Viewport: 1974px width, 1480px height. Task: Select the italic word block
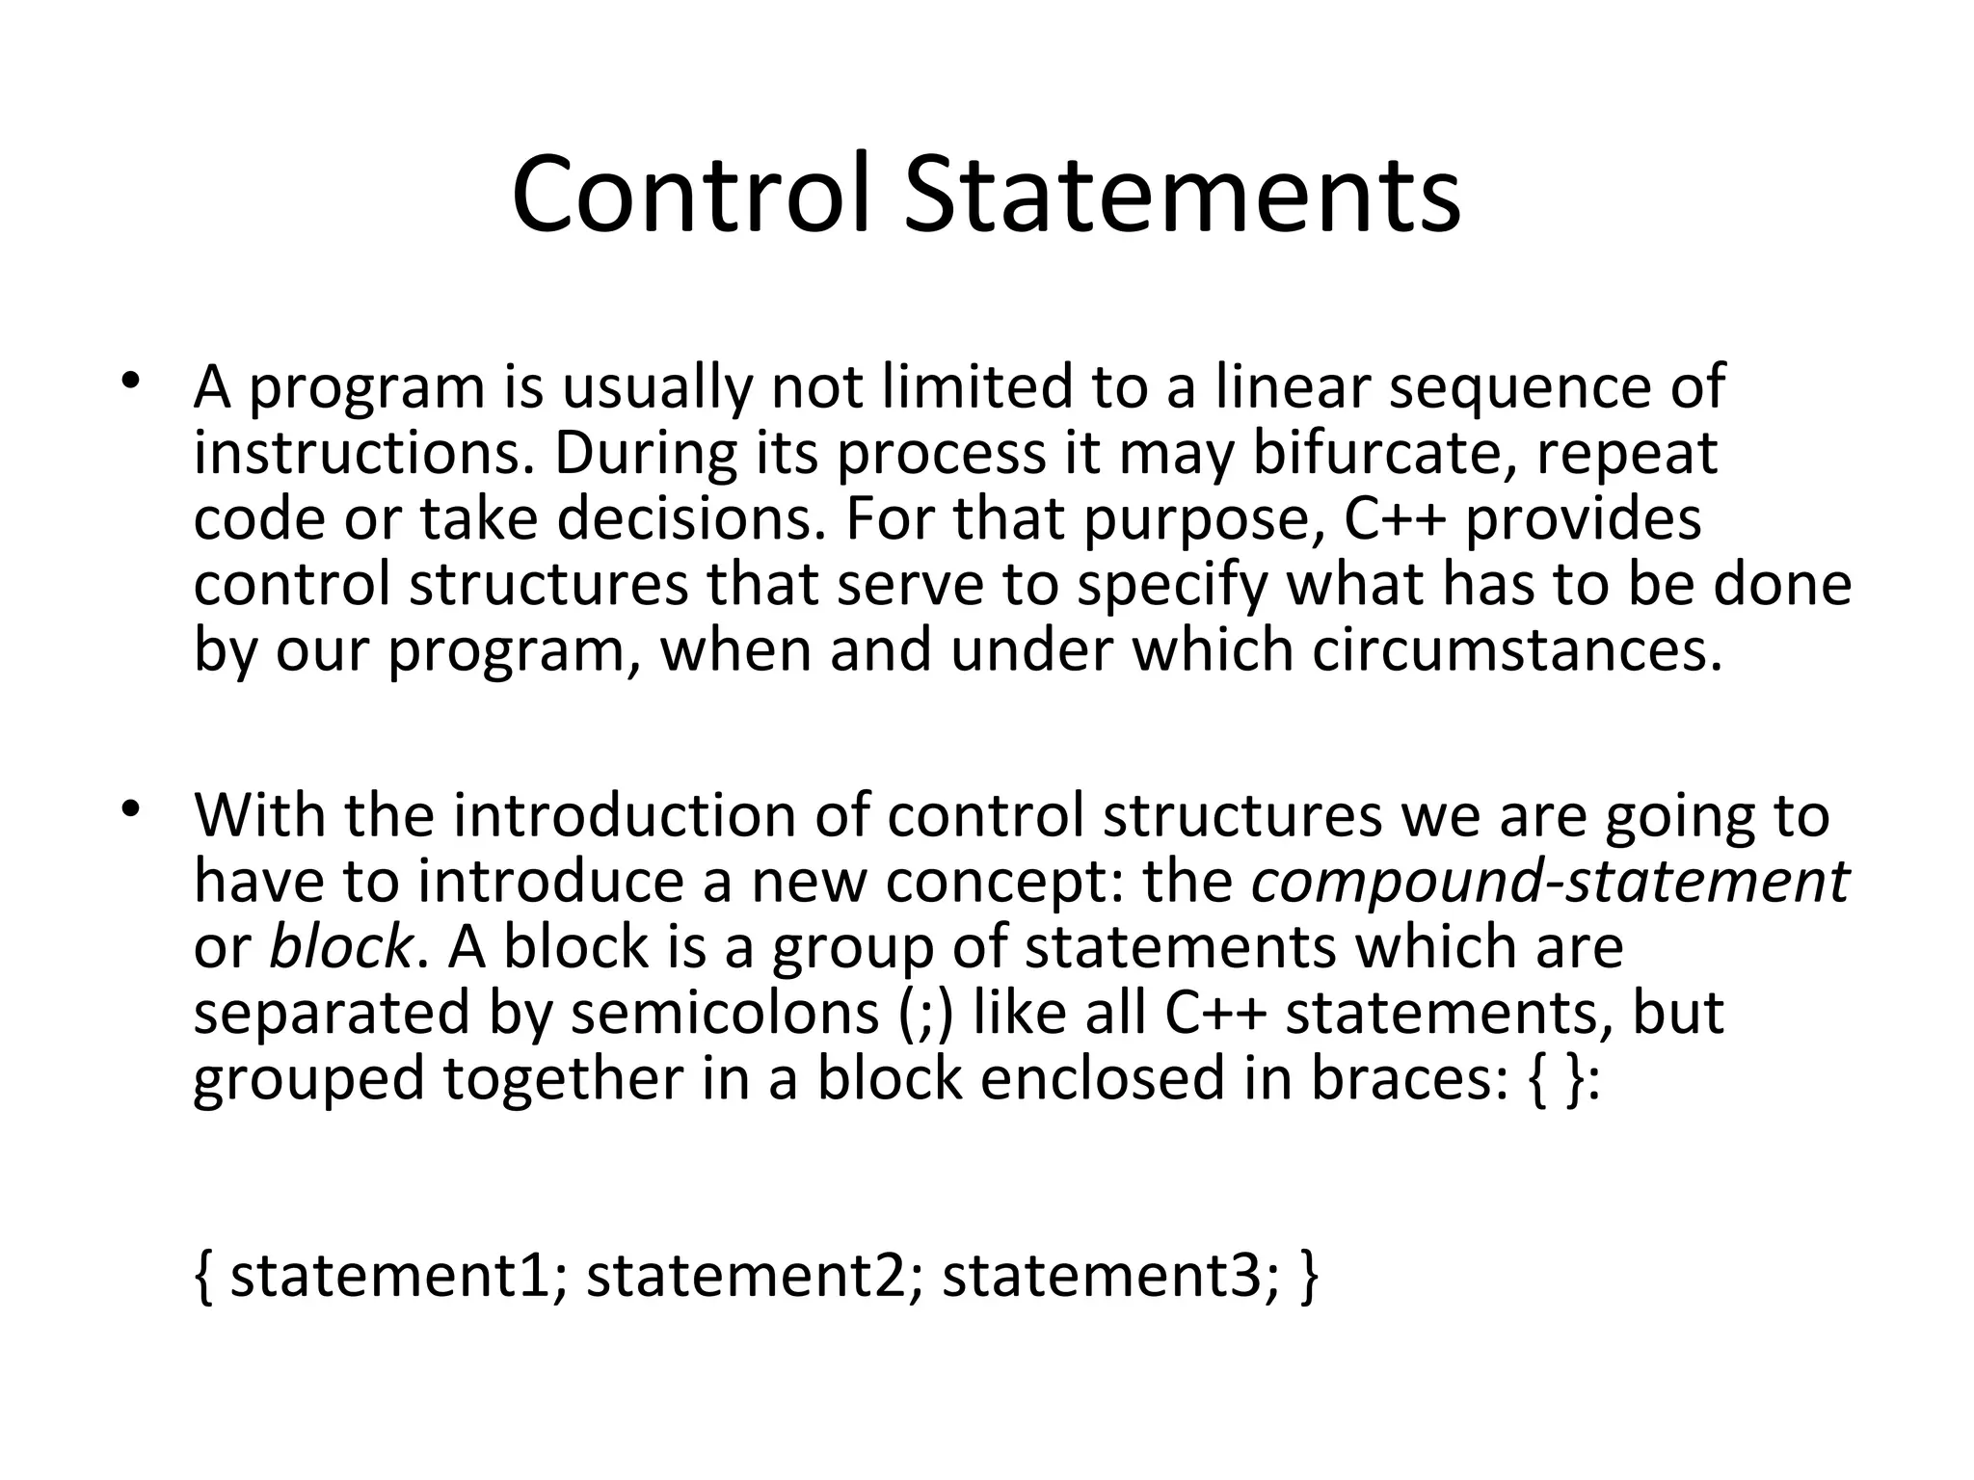click(x=340, y=946)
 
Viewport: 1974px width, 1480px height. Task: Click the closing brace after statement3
click(x=1308, y=1276)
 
